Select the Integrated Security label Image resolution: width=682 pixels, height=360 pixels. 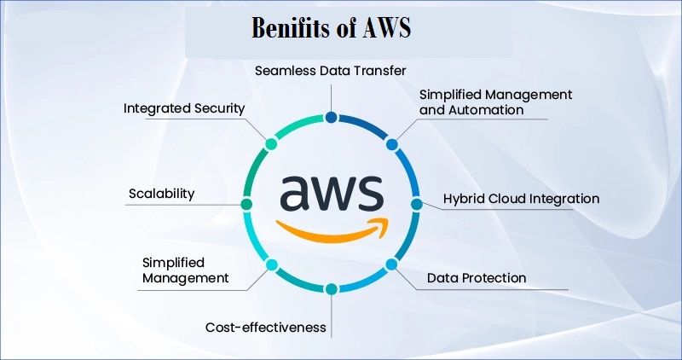coord(184,108)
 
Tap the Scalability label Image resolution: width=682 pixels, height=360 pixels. coord(161,194)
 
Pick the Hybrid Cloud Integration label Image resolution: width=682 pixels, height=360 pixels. coord(521,199)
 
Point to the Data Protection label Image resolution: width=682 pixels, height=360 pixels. coord(476,278)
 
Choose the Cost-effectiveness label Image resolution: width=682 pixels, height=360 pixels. coord(265,327)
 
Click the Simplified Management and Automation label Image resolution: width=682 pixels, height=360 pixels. coord(495,102)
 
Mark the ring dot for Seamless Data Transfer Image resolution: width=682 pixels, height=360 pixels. coord(331,118)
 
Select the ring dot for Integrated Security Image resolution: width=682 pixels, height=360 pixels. coord(271,143)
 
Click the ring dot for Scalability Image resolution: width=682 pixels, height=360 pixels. coord(246,205)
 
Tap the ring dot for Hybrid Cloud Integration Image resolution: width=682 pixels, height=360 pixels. coord(417,205)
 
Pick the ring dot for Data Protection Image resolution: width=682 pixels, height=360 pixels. coord(392,264)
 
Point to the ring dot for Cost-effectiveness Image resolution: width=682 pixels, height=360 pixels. coord(331,289)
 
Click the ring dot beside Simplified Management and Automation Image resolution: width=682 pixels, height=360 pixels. coord(391,144)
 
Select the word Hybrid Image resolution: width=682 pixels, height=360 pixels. coord(464,199)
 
